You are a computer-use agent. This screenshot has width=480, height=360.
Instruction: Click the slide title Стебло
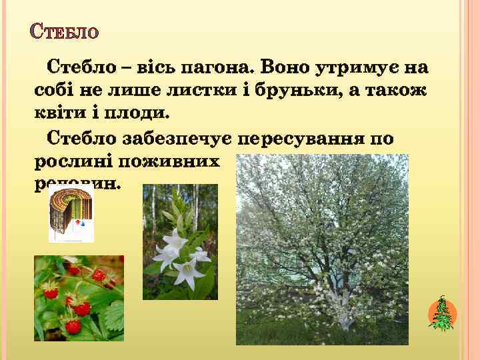tap(65, 31)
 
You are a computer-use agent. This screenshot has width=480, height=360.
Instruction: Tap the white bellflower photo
tap(181, 242)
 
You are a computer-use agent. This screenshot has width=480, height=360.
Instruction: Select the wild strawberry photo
tap(79, 298)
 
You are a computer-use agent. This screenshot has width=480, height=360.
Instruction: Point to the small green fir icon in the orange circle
tap(442, 314)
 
